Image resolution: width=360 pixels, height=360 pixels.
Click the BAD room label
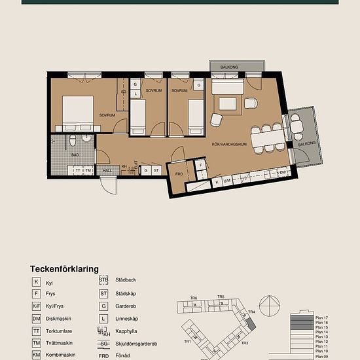coord(75,155)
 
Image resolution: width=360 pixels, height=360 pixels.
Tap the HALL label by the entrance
coord(107,170)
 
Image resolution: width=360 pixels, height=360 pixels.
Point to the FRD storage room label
coord(179,174)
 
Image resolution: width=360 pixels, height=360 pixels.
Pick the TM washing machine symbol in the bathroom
coord(88,170)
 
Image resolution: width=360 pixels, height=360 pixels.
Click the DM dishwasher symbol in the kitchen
coord(282,173)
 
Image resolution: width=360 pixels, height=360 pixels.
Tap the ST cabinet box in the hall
coord(157,170)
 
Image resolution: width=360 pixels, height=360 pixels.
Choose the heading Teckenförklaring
coord(64,268)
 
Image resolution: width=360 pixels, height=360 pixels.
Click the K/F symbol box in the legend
coord(37,306)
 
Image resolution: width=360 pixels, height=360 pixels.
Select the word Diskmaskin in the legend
coord(59,319)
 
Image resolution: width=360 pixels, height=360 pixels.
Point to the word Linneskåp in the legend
coord(127,319)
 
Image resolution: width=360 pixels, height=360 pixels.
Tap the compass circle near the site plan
coord(269,306)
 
